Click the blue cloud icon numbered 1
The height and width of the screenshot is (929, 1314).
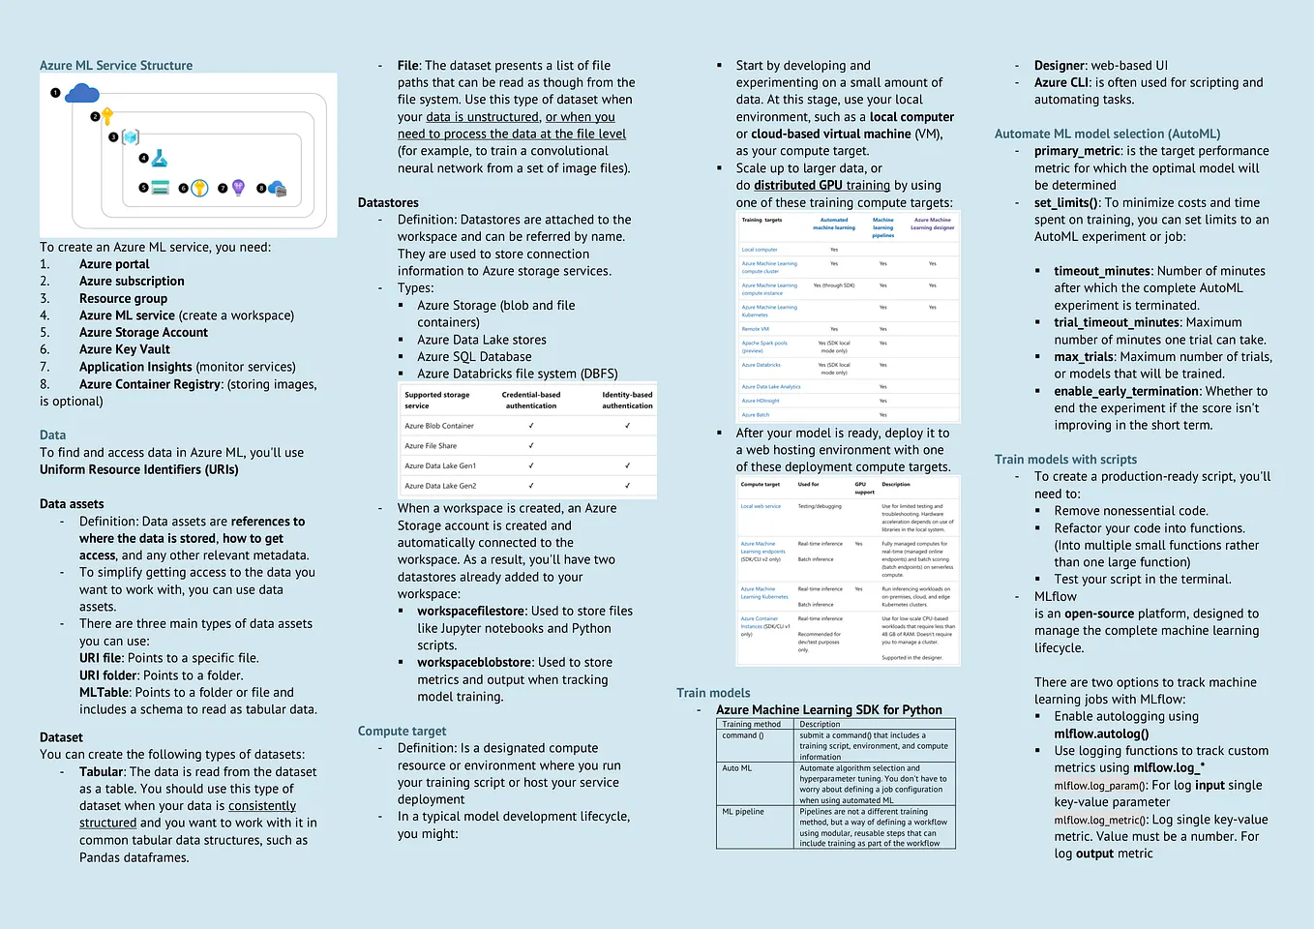coord(82,93)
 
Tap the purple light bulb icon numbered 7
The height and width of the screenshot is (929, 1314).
coord(238,188)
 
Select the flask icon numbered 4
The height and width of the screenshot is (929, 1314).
coord(160,158)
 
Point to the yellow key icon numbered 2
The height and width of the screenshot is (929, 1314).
coord(107,116)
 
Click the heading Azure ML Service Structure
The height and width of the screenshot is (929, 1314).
coord(116,66)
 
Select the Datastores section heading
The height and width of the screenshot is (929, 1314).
coord(388,203)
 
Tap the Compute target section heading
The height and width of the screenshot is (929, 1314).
coord(402,732)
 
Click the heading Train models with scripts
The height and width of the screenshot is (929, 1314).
coord(1065,460)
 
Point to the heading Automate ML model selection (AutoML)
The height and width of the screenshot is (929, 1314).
coord(1107,135)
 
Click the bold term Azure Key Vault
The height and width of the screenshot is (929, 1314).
coord(124,349)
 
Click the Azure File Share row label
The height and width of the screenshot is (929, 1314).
coord(431,446)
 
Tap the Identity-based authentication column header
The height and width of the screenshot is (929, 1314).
coord(627,401)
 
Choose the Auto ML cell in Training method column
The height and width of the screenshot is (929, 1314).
coord(736,768)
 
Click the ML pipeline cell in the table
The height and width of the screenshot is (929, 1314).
coord(742,812)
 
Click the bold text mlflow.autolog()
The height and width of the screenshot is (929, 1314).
coord(1101,734)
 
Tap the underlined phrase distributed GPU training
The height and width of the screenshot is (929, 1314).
coord(821,186)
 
